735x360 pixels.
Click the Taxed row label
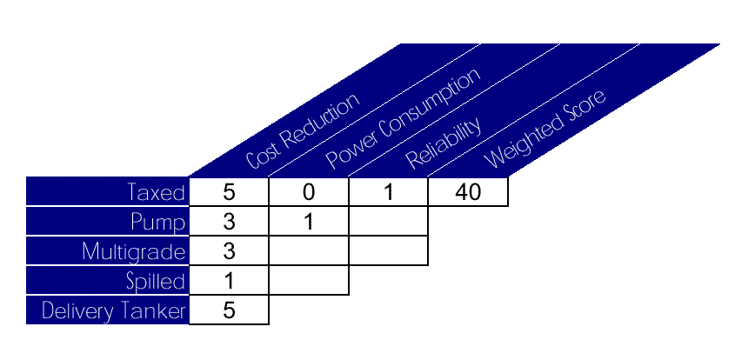107,192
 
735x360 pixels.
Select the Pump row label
107,222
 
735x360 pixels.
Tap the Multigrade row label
107,251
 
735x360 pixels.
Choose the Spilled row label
107,281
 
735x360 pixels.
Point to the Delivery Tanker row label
107,310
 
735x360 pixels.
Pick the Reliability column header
444,143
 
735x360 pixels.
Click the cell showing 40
468,192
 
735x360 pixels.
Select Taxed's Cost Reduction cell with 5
229,192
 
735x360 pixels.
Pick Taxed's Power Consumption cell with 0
309,192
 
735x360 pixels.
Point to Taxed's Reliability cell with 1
388,192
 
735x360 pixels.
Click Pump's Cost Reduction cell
229,222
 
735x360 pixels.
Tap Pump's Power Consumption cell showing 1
309,222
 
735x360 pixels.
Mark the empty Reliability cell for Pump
388,222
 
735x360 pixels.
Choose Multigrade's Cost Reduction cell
229,251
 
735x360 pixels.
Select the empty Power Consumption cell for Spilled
309,281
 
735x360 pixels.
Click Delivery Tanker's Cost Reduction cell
229,310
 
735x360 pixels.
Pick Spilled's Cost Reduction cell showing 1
229,281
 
